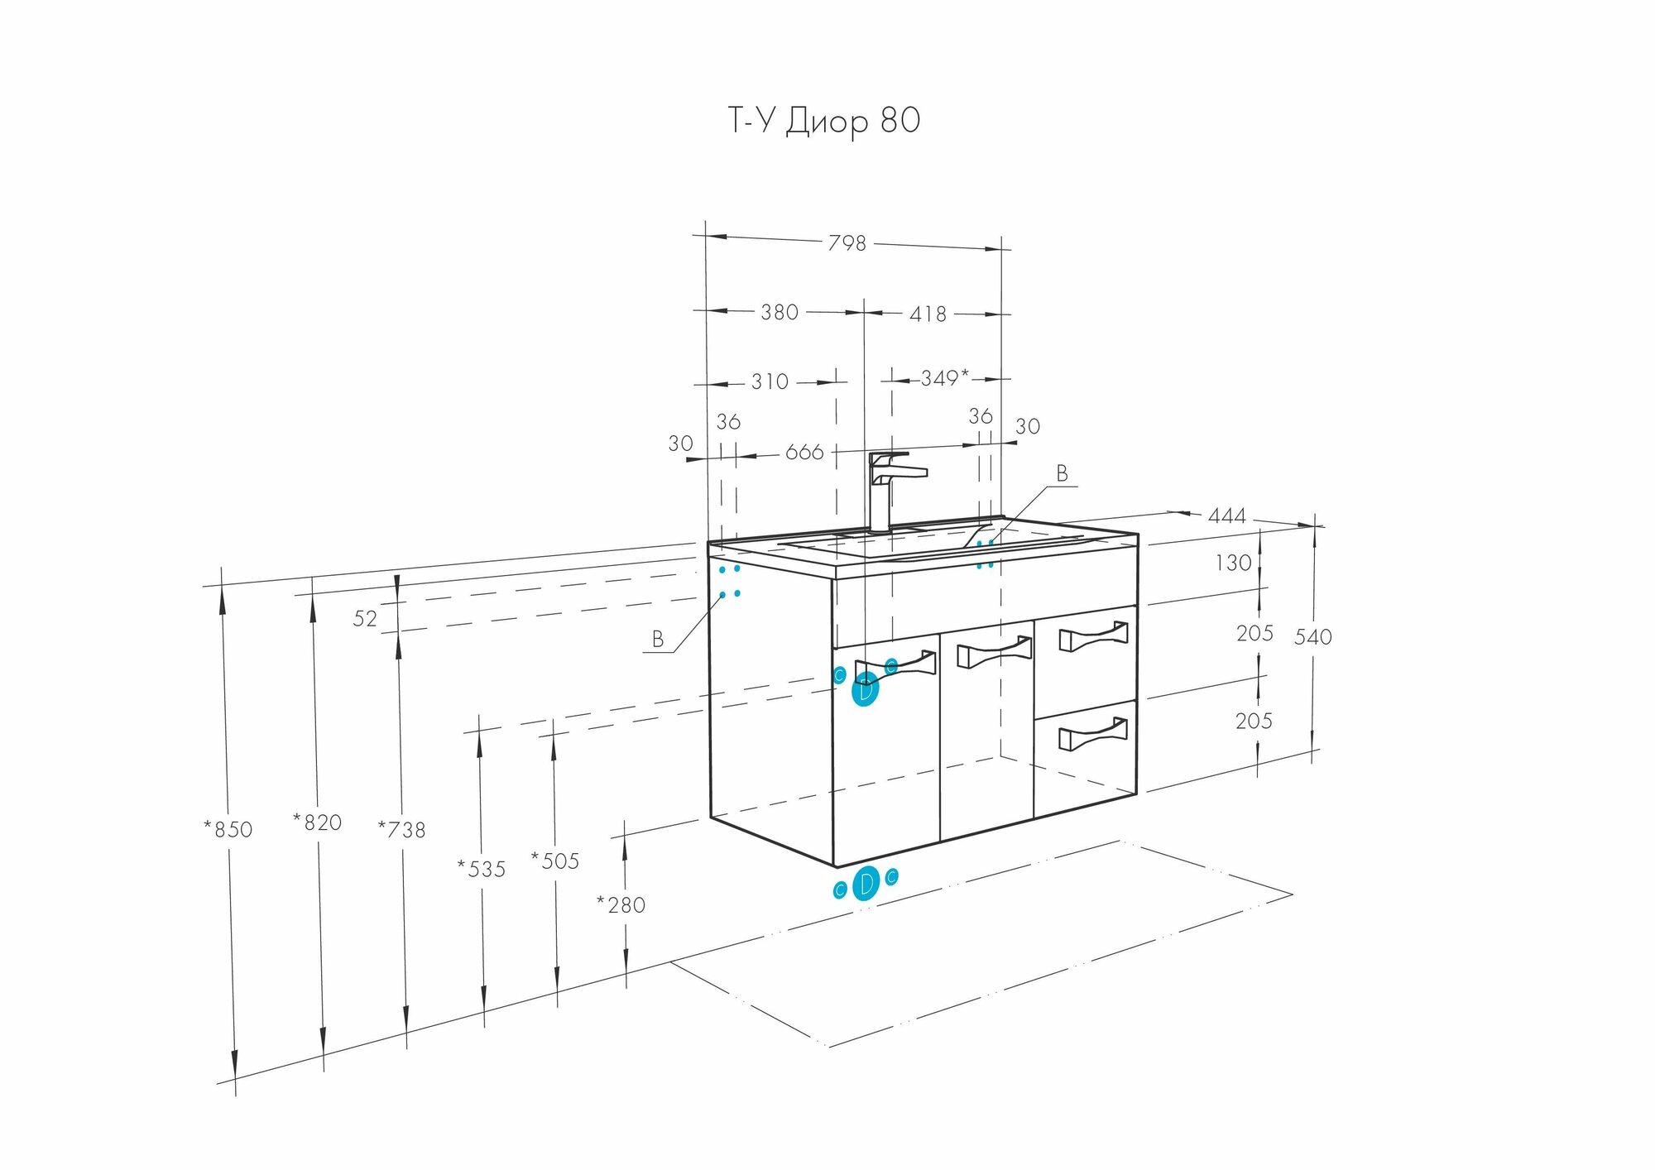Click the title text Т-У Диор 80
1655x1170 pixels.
pos(823,121)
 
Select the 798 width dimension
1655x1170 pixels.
pos(847,243)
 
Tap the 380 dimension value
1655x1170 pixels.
pos(780,312)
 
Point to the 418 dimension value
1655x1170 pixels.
pos(928,314)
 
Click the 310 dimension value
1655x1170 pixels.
pos(770,381)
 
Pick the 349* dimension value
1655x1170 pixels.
pos(944,378)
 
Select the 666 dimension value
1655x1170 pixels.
pos(804,452)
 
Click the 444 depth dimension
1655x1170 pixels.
pos(1226,516)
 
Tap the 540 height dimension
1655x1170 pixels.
pos(1312,636)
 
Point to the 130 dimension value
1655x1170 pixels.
pos(1233,563)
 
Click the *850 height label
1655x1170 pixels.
pos(228,829)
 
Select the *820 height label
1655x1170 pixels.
pos(317,822)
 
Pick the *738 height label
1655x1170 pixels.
pos(401,829)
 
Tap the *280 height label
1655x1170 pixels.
pos(621,905)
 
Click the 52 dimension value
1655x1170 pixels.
pos(365,618)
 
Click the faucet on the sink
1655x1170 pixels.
pos(890,488)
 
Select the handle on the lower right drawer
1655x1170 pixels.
pos(1093,734)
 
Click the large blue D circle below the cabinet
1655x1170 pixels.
pos(866,885)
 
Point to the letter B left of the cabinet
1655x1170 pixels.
pos(658,639)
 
